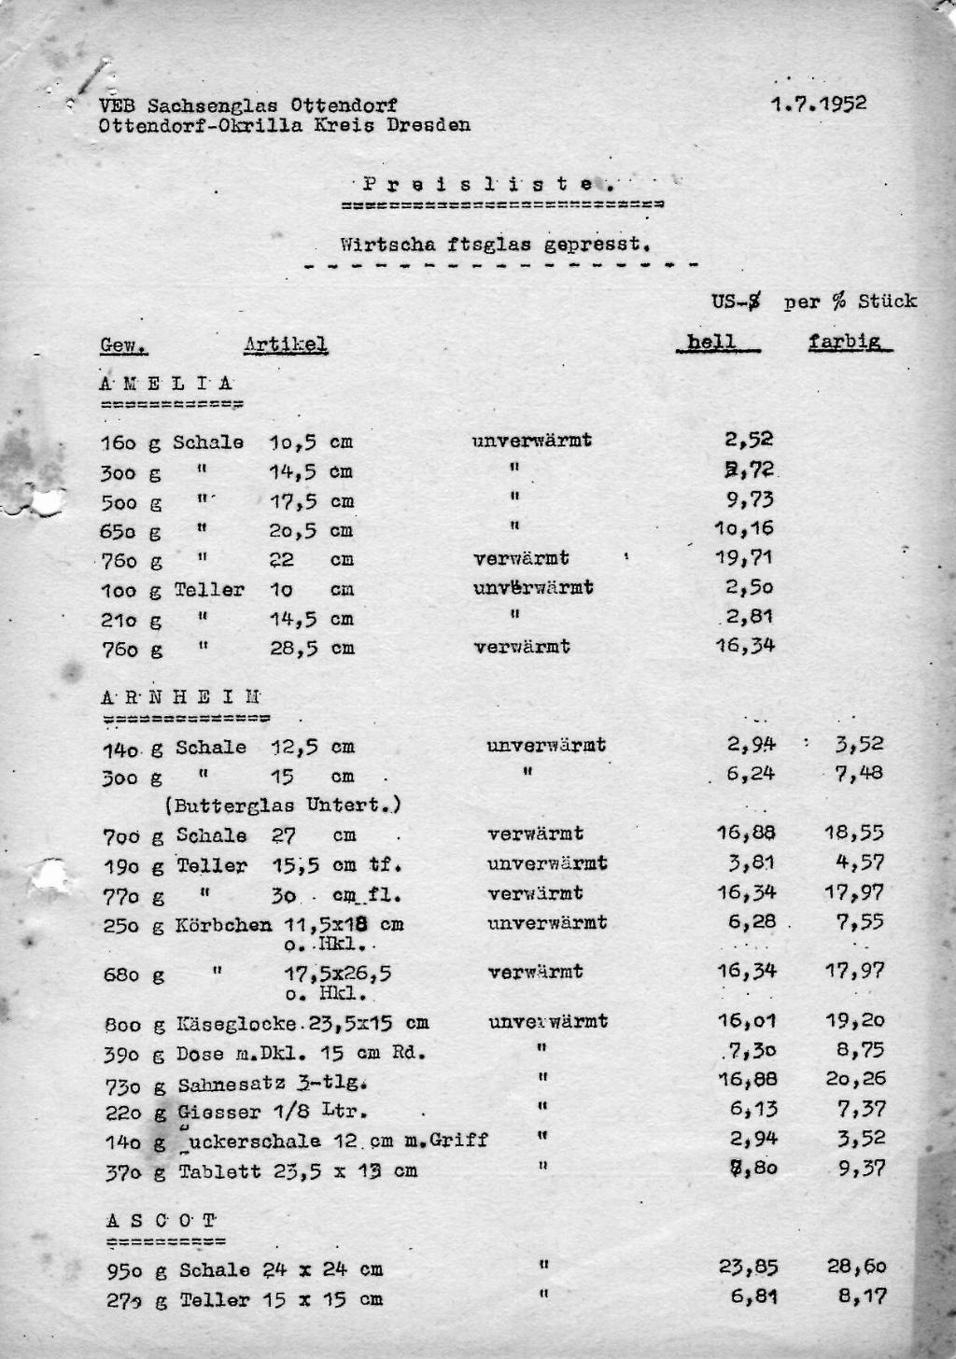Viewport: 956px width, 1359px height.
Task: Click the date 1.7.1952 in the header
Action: tap(819, 104)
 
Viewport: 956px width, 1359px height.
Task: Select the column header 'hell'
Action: tap(711, 343)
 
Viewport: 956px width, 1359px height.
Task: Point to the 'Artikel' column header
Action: tap(285, 345)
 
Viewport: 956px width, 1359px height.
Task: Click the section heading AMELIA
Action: tap(166, 384)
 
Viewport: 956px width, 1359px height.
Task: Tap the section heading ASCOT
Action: tap(162, 1220)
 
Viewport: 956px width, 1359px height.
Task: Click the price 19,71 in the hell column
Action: tap(745, 558)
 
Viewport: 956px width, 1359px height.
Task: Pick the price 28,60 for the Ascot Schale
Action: tap(856, 1267)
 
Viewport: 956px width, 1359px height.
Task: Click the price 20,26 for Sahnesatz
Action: tap(855, 1079)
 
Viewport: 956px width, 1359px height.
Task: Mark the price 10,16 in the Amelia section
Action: tap(745, 529)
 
